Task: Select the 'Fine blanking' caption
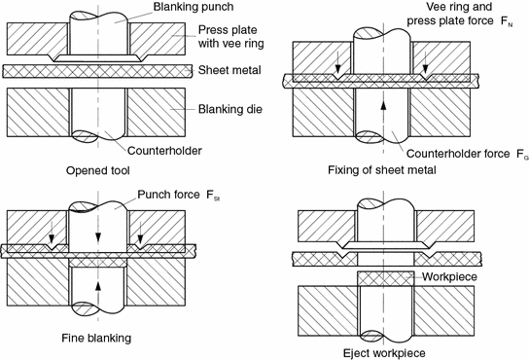(67, 337)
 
